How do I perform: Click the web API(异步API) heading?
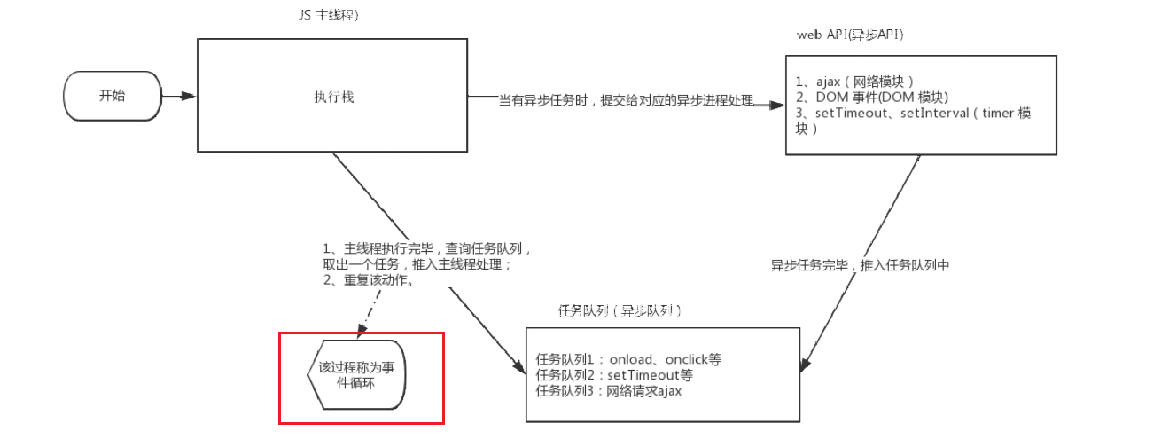tap(850, 34)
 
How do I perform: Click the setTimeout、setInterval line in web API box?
tap(914, 114)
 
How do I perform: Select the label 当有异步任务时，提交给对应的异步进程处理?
tap(626, 101)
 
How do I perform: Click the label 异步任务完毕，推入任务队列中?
tap(859, 264)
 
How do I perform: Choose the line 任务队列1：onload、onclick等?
tap(628, 359)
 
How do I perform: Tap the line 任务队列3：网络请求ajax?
tap(608, 391)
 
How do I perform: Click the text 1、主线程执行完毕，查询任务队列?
tap(426, 248)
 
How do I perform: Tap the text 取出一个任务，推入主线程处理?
tap(417, 264)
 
